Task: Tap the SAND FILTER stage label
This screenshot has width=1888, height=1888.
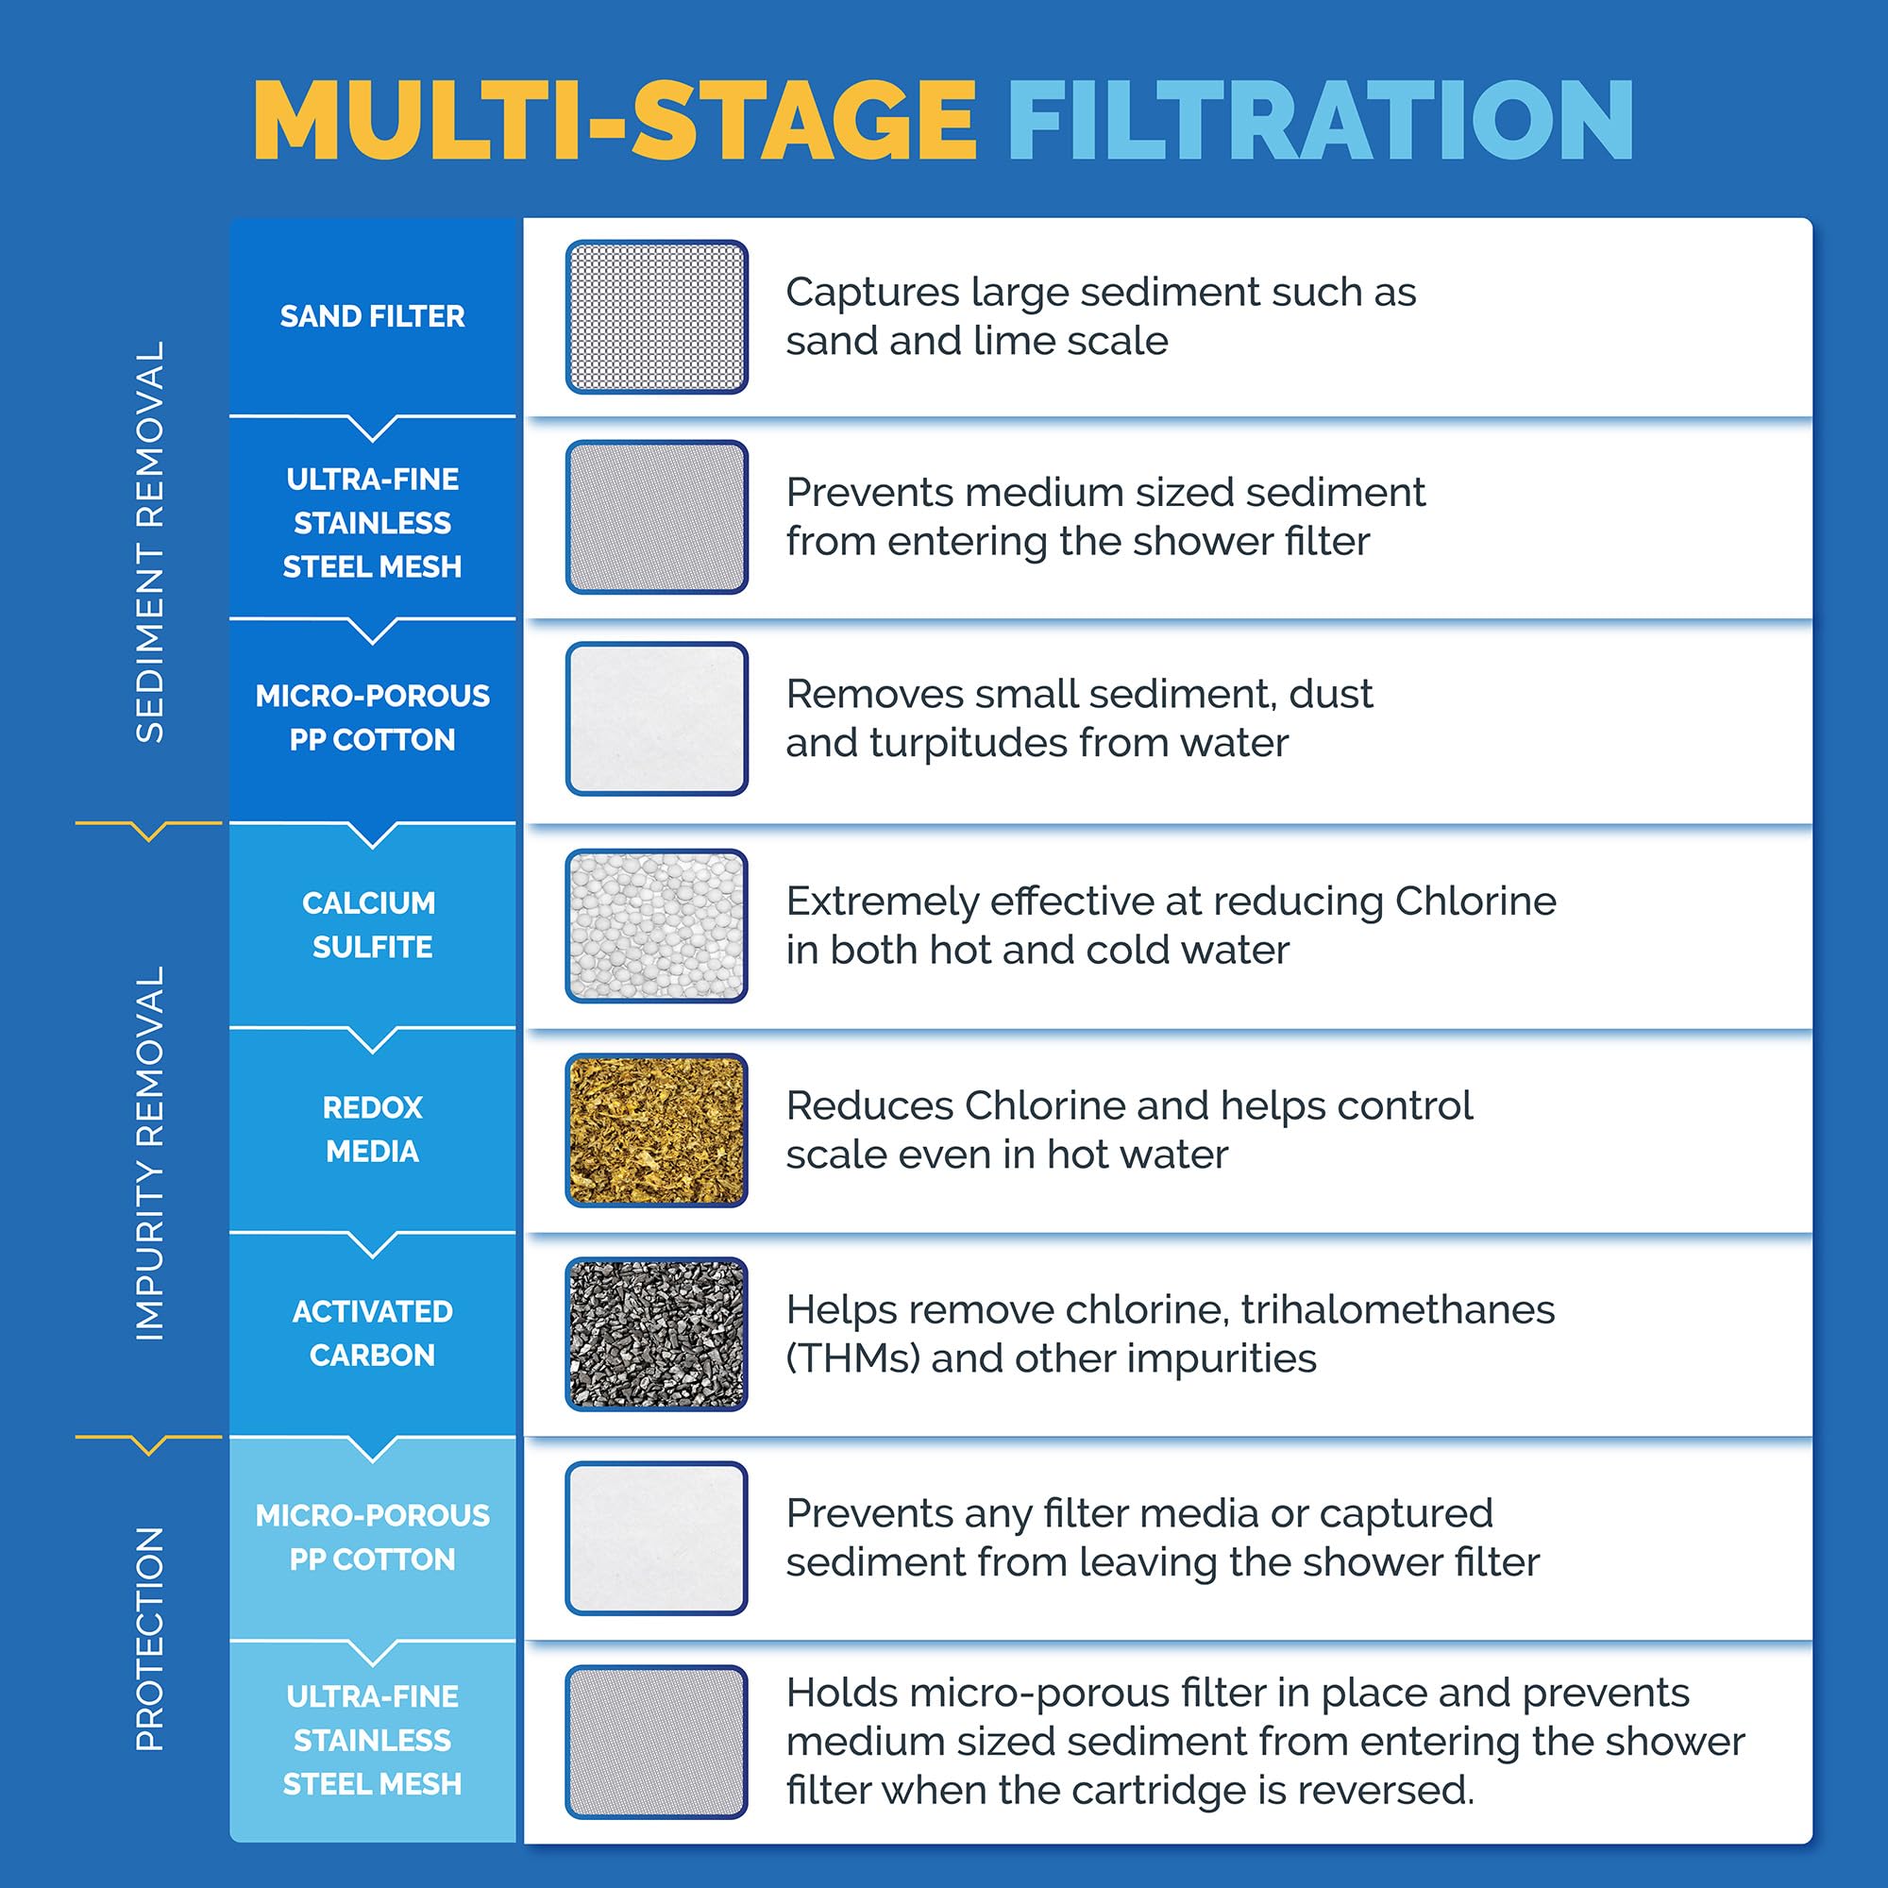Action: [x=372, y=316]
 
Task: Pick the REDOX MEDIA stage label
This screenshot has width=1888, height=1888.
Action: [x=372, y=1129]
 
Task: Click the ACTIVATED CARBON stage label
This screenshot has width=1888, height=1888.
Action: [x=372, y=1333]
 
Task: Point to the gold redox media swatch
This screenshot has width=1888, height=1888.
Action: [x=657, y=1130]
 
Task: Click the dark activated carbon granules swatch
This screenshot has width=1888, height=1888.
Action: [x=657, y=1334]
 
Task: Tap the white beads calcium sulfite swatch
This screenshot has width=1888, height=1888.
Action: [x=657, y=925]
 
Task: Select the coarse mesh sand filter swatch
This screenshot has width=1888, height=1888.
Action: [x=657, y=316]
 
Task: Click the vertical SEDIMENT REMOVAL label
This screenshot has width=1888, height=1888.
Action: [x=149, y=543]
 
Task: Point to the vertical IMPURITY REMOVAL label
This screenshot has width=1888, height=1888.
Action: [x=149, y=1154]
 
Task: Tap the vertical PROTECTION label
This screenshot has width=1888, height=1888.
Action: [x=149, y=1639]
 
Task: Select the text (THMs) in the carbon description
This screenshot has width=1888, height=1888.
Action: [x=852, y=1359]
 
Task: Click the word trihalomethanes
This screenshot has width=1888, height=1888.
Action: [x=1397, y=1309]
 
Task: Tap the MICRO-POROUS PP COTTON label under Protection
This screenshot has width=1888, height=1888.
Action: [x=372, y=1537]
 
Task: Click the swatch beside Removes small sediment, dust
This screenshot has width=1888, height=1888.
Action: [x=657, y=718]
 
